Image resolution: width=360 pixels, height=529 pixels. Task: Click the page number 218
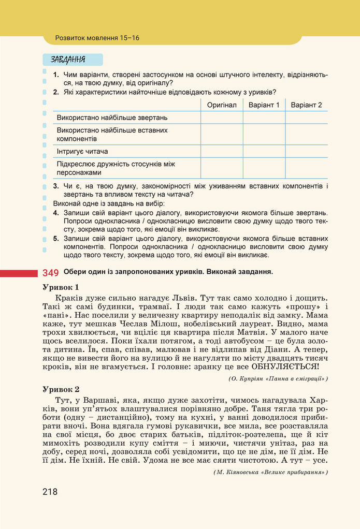click(x=50, y=492)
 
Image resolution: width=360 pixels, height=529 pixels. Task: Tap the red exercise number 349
click(x=50, y=272)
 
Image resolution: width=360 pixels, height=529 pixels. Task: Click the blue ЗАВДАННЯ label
click(x=68, y=60)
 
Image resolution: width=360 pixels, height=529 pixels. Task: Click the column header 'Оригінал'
click(x=221, y=105)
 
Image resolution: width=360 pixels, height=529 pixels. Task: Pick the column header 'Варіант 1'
click(x=264, y=105)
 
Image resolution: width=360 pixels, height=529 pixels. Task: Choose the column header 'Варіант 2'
click(x=306, y=105)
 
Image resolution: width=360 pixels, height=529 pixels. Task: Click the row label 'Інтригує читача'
click(x=82, y=152)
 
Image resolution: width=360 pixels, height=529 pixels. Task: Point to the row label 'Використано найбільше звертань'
click(x=112, y=118)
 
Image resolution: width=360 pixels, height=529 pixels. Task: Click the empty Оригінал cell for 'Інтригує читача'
click(x=221, y=152)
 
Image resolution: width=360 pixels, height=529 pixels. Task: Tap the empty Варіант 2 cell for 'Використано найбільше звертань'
click(x=306, y=118)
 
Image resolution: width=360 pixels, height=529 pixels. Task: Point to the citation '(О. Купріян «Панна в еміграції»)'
click(x=278, y=379)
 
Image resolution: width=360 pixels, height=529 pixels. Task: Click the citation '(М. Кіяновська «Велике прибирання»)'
click(x=270, y=473)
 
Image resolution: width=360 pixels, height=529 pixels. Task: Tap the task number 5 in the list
click(x=56, y=239)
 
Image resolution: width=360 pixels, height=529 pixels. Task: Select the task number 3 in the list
click(x=56, y=186)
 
